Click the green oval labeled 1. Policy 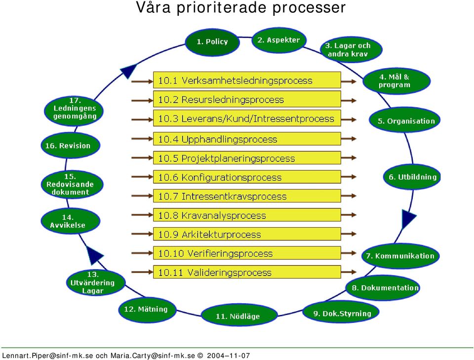pyautogui.click(x=212, y=42)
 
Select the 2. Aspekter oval pyautogui.click(x=278, y=40)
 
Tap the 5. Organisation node pyautogui.click(x=404, y=120)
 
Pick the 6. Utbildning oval pyautogui.click(x=412, y=177)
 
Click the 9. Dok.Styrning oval pyautogui.click(x=341, y=313)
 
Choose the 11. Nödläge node pyautogui.click(x=239, y=315)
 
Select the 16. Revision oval pyautogui.click(x=70, y=145)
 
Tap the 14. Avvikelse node pyautogui.click(x=70, y=221)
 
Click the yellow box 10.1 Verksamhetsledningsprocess pyautogui.click(x=247, y=80)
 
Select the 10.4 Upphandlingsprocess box pyautogui.click(x=247, y=139)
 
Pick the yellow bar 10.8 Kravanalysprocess pyautogui.click(x=247, y=215)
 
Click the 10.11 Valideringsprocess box pyautogui.click(x=247, y=272)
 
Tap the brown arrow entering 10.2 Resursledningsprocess pyautogui.click(x=142, y=100)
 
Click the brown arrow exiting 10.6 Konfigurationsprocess pyautogui.click(x=349, y=176)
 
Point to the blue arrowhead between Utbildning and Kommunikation pyautogui.click(x=408, y=218)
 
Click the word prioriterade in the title pyautogui.click(x=222, y=8)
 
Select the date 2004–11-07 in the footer pyautogui.click(x=228, y=356)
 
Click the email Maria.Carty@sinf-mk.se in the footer pyautogui.click(x=153, y=356)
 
